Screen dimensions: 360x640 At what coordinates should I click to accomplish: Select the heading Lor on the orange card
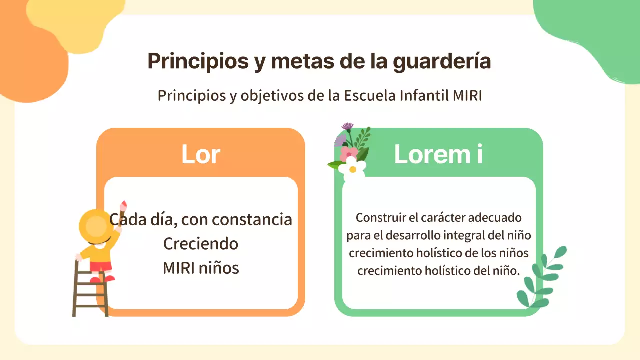200,154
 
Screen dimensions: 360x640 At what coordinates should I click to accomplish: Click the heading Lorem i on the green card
438,154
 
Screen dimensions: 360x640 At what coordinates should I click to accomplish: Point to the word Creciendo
200,244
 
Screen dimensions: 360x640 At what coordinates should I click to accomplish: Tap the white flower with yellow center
352,166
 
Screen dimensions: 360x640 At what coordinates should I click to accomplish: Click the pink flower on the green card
348,153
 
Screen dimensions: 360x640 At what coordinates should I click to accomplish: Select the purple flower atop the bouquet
347,126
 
